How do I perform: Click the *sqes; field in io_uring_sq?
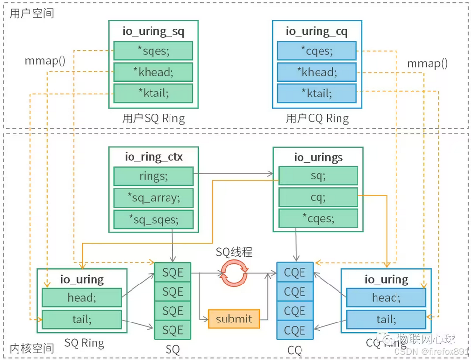153,51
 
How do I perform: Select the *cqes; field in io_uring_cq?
317,51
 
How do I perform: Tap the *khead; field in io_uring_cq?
317,72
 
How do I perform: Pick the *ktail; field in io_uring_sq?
153,94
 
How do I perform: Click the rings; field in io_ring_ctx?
153,176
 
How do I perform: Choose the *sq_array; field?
153,198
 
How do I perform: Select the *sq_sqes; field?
153,219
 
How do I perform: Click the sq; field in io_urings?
318,176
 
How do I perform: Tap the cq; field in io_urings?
318,198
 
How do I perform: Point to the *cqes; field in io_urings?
318,219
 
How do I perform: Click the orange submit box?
234,319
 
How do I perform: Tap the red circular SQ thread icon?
234,274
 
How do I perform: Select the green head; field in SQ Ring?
81,298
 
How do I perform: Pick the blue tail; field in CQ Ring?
386,320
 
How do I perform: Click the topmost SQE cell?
172,272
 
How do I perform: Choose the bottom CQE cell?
295,330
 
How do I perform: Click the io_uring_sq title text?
153,32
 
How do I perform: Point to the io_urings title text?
318,157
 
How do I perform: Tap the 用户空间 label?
32,13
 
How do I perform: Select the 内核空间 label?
32,348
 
